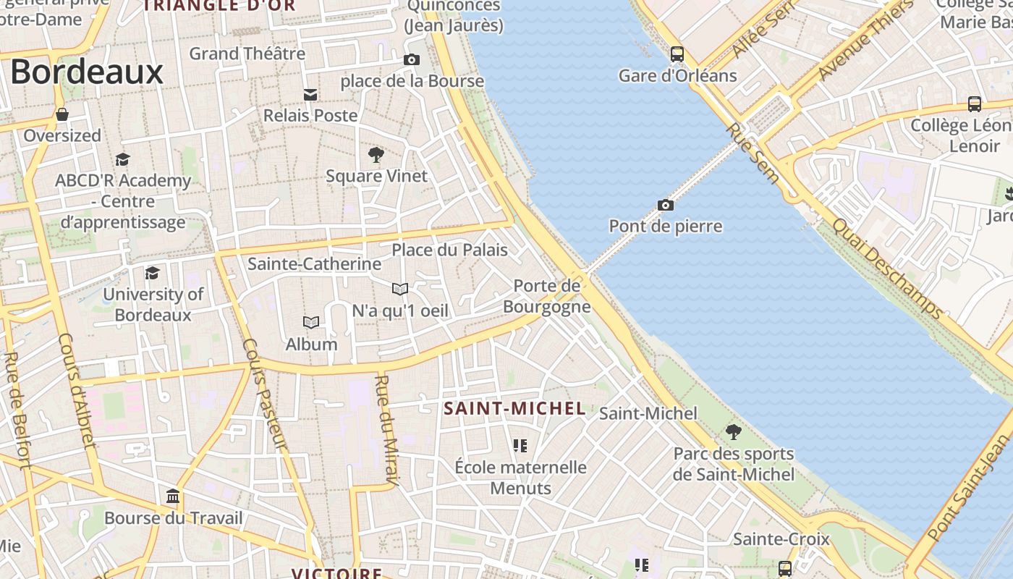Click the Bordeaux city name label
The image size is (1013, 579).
click(x=87, y=72)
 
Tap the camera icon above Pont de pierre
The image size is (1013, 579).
click(x=666, y=205)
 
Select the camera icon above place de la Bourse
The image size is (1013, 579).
click(x=412, y=59)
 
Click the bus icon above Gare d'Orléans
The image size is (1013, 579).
click(x=677, y=54)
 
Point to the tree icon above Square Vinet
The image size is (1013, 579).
click(x=376, y=154)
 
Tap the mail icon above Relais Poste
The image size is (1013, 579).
click(x=310, y=94)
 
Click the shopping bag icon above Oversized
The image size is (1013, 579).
click(x=62, y=114)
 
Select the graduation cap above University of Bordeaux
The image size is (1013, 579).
click(x=152, y=273)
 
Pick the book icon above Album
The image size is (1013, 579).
click(x=311, y=322)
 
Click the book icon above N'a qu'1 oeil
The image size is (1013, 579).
click(x=400, y=289)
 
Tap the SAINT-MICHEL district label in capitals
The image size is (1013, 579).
click(x=514, y=409)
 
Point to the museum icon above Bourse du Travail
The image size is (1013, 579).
click(x=174, y=496)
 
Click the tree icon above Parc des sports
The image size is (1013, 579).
click(x=734, y=432)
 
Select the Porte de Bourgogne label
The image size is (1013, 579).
click(x=547, y=296)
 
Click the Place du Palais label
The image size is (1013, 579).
click(x=449, y=250)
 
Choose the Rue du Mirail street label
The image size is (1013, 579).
click(x=387, y=428)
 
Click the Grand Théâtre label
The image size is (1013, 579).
click(x=247, y=53)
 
